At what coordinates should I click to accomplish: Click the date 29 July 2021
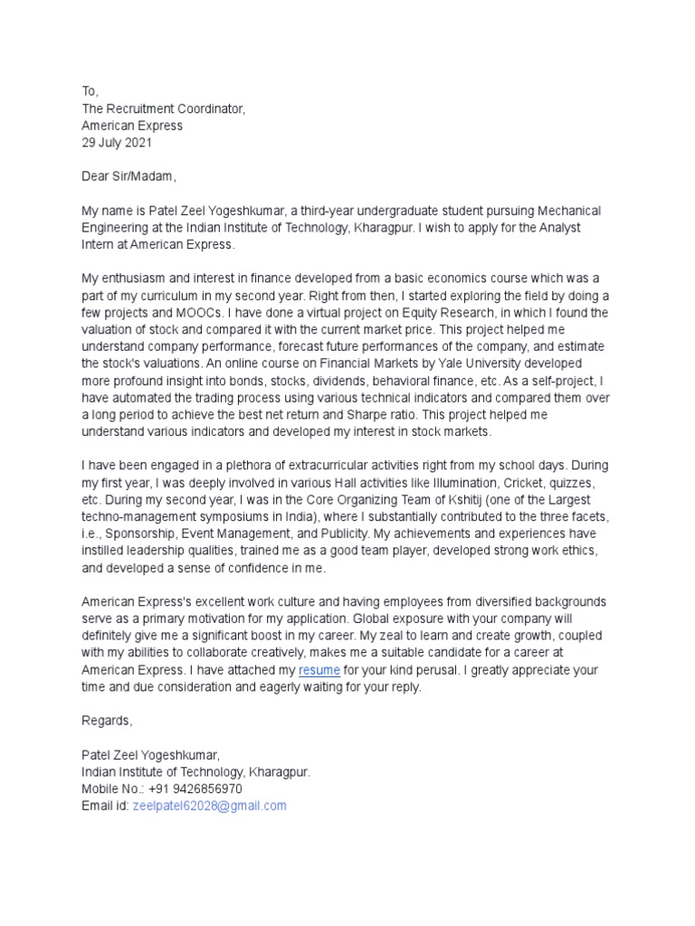click(117, 143)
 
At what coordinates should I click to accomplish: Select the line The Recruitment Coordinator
click(163, 109)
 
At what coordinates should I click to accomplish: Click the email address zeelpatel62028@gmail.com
click(209, 805)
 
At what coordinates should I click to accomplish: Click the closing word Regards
click(107, 721)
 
